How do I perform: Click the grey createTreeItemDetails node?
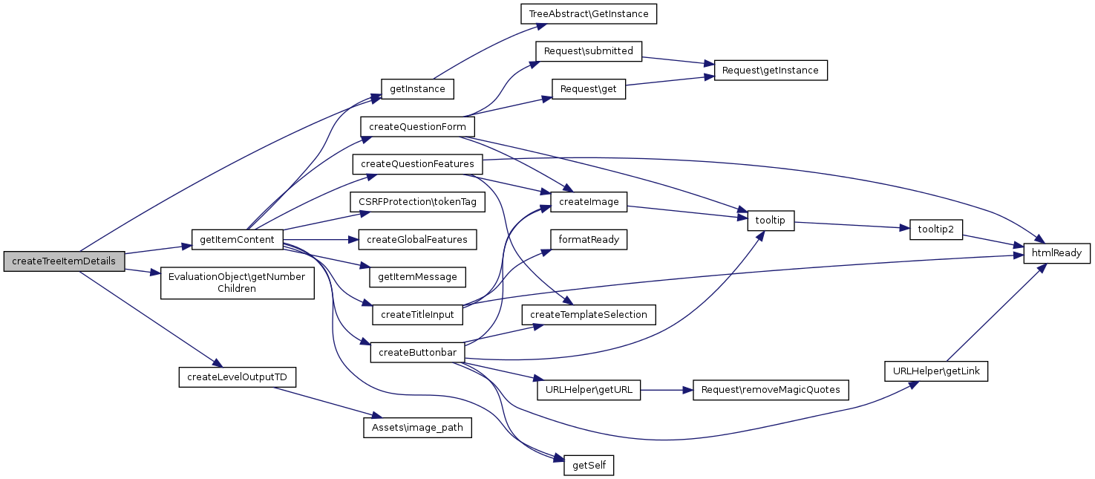coord(64,261)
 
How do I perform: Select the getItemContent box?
coord(238,240)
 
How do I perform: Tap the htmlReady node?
coord(1057,253)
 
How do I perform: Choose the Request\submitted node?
coord(588,51)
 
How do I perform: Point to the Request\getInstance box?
coord(770,71)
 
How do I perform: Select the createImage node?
coord(589,201)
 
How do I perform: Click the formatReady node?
coord(589,239)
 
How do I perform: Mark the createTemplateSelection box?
coord(589,314)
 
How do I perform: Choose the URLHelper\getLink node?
coord(935,371)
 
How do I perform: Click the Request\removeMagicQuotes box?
coord(770,390)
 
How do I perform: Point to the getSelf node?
coord(589,466)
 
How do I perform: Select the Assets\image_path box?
coord(417,428)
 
